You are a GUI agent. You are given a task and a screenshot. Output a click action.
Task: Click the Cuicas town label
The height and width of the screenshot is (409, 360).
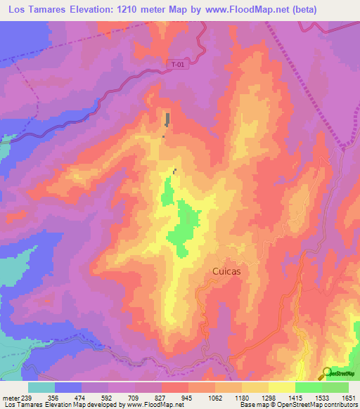[x=227, y=271]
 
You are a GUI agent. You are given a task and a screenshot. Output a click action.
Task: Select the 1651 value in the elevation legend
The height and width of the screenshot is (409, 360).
[x=349, y=397]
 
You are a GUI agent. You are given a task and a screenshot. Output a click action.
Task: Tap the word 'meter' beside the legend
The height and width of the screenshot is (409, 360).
[x=11, y=397]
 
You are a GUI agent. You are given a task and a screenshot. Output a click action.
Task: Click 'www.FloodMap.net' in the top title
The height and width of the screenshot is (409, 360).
[x=225, y=10]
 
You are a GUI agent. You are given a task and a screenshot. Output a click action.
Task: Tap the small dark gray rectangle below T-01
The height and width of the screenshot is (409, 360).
[x=167, y=119]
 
